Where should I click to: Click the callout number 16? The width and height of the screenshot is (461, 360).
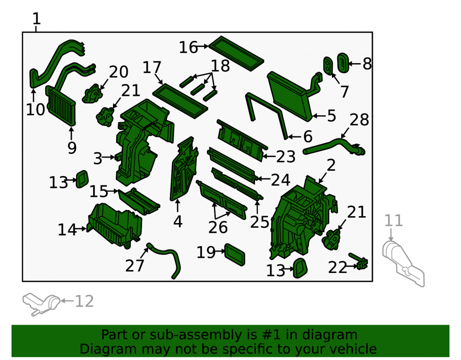tap(188, 47)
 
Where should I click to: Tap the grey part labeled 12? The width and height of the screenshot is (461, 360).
tap(41, 304)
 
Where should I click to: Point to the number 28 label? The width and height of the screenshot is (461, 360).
tap(359, 119)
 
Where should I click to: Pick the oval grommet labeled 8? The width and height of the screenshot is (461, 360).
tap(343, 63)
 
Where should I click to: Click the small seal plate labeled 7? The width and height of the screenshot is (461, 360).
tap(328, 65)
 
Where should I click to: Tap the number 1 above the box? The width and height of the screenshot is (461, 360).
tap(36, 19)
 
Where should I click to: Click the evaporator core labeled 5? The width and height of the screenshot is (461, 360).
tap(290, 96)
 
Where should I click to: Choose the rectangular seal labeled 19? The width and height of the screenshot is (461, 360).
tap(235, 254)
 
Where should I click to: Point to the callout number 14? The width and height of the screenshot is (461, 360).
tap(67, 230)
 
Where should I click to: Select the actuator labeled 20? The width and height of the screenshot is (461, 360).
tap(92, 94)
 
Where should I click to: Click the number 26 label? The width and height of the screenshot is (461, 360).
tap(218, 227)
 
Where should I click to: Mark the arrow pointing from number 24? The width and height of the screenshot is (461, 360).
tap(264, 178)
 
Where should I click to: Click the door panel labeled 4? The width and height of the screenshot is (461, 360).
tap(184, 169)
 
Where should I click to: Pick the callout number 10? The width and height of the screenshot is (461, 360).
tap(35, 109)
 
